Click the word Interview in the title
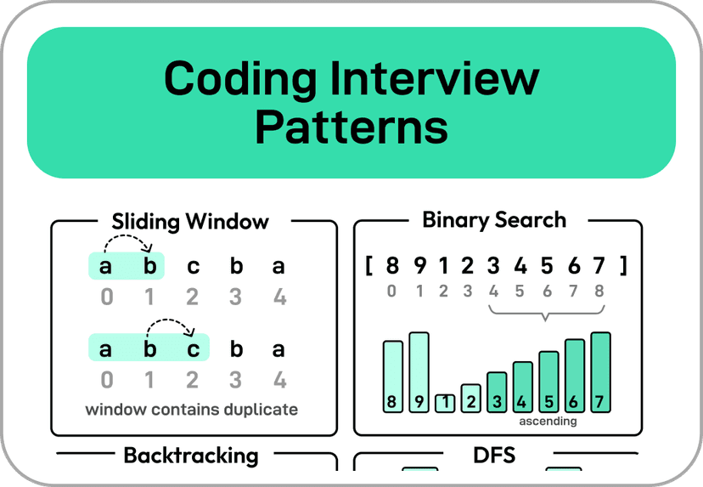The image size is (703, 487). click(x=445, y=79)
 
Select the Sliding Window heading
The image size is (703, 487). click(x=190, y=223)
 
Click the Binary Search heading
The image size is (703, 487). click(x=493, y=220)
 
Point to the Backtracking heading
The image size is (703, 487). click(x=190, y=455)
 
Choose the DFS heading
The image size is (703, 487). click(x=493, y=455)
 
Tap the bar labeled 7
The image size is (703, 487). click(x=600, y=372)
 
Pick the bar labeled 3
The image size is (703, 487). click(x=496, y=392)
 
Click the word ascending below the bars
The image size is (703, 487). click(x=548, y=421)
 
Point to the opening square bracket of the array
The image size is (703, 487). click(x=370, y=266)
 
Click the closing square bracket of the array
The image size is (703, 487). click(x=623, y=266)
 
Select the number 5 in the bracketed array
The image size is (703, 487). click(x=548, y=266)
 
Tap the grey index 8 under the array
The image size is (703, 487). click(x=600, y=291)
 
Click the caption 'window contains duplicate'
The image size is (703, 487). click(x=191, y=410)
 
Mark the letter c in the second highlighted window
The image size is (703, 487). click(x=194, y=349)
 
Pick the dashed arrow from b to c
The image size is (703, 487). click(x=171, y=326)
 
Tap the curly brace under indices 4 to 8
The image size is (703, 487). click(x=546, y=314)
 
